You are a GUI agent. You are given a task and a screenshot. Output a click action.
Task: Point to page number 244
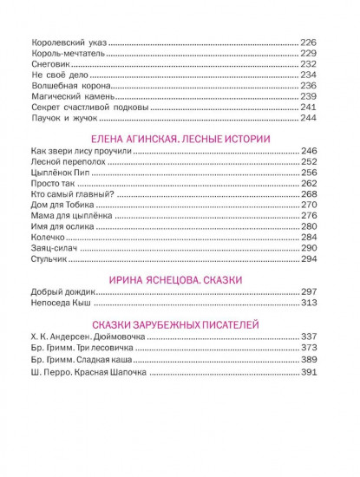(309, 118)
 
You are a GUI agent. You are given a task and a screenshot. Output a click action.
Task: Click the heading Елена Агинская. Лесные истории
(182, 139)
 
